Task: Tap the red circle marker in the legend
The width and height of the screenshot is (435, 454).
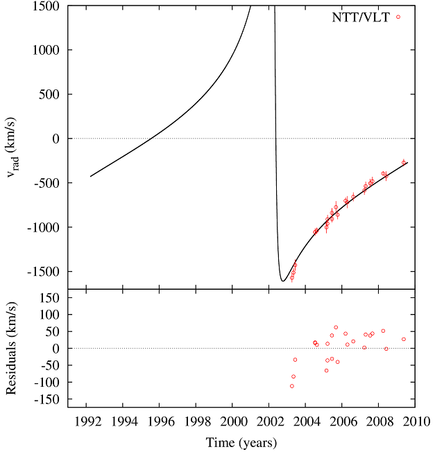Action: pyautogui.click(x=398, y=17)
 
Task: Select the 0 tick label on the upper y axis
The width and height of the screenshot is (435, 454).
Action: pyautogui.click(x=55, y=139)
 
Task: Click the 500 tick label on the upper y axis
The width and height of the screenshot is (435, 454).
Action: pyautogui.click(x=49, y=94)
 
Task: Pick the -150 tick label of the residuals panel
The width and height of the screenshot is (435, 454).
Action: pyautogui.click(x=46, y=399)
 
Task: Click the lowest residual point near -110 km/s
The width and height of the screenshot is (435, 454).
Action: pyautogui.click(x=292, y=386)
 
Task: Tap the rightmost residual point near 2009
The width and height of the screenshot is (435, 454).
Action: pyautogui.click(x=404, y=339)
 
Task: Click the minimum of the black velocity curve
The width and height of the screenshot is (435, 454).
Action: pyautogui.click(x=283, y=281)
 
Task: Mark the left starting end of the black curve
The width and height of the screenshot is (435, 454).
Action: pyautogui.click(x=90, y=176)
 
